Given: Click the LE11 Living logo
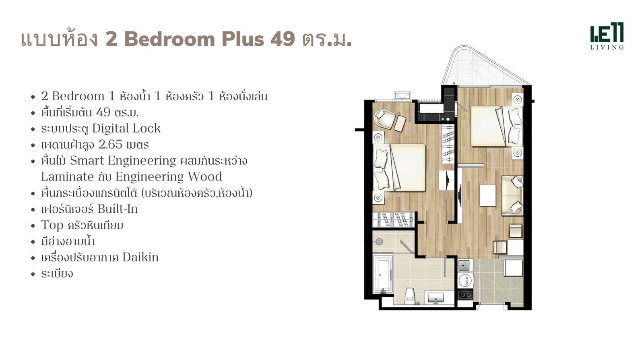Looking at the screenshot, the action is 607,36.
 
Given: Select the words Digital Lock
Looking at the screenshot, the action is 126,129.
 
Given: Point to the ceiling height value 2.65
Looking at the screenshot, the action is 111,145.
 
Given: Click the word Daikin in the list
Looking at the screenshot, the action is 140,257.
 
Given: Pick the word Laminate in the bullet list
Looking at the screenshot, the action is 68,176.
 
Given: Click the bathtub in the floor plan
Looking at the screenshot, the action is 383,274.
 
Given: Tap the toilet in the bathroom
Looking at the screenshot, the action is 410,296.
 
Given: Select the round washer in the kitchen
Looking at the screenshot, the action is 465,281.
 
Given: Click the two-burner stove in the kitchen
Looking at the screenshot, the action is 465,295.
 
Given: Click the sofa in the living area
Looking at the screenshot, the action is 512,195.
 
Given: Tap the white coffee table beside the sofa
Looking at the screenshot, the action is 487,195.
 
